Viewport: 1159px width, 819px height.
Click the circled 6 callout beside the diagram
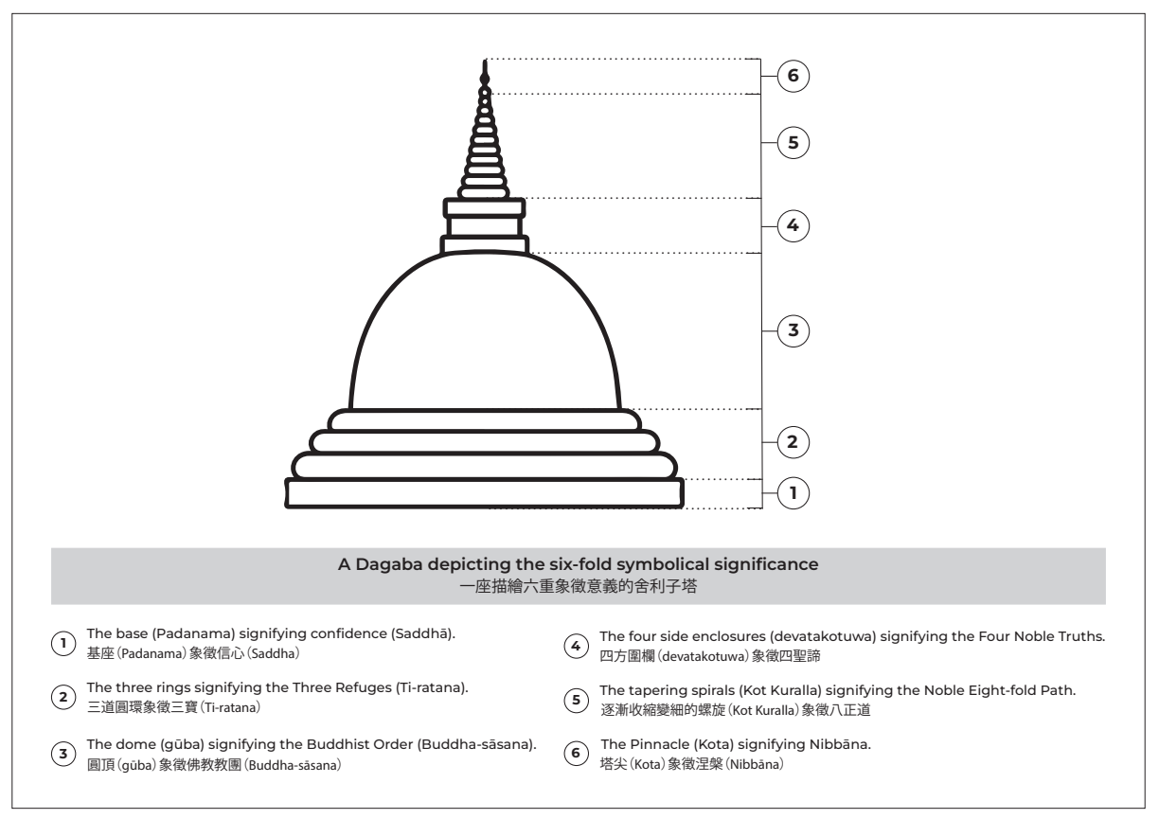793,75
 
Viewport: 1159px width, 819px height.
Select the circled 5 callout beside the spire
793,144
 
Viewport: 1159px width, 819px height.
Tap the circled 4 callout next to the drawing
793,225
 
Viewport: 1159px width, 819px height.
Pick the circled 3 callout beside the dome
793,330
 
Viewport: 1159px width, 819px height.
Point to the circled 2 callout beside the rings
793,441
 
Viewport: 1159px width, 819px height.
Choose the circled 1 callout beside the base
793,492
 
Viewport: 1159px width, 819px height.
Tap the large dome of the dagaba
485,331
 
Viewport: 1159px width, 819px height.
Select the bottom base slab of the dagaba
485,493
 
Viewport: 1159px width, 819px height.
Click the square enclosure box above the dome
485,226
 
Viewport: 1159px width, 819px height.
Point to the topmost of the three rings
485,419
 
